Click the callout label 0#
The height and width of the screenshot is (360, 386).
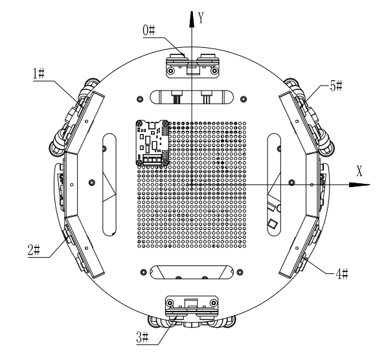point(149,31)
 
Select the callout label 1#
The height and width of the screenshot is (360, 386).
point(39,74)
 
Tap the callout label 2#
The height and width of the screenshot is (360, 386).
point(34,251)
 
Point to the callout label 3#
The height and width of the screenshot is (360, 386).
point(142,337)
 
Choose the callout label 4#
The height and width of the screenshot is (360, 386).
point(342,274)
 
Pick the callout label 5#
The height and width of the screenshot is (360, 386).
point(336,86)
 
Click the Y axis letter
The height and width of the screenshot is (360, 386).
point(201,18)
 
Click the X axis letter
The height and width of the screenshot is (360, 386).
point(359,171)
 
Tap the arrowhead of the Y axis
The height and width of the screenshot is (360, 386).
point(192,19)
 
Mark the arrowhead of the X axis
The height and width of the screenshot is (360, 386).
point(359,185)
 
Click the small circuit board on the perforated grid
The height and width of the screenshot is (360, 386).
point(152,142)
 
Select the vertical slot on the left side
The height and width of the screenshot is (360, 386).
point(109,185)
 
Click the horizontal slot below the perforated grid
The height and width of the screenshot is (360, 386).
point(191,272)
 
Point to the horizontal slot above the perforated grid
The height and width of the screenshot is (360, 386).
point(192,96)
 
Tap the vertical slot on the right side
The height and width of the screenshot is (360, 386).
point(274,185)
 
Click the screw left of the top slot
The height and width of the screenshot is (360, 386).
point(140,99)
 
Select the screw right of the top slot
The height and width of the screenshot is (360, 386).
point(244,99)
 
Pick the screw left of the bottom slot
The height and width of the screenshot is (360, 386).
point(144,273)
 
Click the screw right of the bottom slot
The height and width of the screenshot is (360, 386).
point(240,273)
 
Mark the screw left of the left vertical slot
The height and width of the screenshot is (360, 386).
point(92,183)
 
